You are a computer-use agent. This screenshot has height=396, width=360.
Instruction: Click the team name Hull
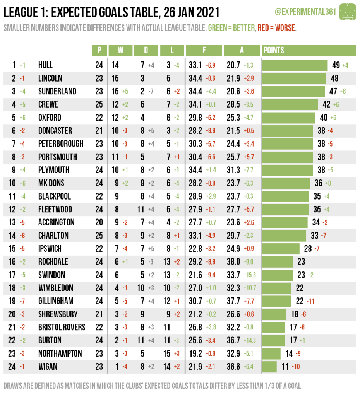click(x=45, y=65)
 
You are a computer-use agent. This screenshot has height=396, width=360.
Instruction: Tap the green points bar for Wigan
click(x=269, y=367)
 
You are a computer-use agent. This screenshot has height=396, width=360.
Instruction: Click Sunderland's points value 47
click(x=333, y=92)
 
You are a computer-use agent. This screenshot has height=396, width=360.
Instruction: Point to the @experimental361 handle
click(x=305, y=12)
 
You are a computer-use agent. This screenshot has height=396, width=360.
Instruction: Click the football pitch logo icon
click(x=347, y=12)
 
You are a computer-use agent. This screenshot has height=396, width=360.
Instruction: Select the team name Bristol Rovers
click(x=62, y=327)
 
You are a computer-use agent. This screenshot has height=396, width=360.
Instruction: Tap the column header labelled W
click(x=120, y=50)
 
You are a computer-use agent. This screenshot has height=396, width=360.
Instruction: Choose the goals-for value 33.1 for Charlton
click(x=195, y=236)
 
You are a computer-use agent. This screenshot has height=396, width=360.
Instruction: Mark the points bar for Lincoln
click(x=294, y=79)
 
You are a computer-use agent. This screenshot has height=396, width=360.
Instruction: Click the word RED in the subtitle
click(x=263, y=28)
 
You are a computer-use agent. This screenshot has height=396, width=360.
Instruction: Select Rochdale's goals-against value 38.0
click(x=233, y=262)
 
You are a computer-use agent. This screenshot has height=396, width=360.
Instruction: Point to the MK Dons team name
click(x=51, y=183)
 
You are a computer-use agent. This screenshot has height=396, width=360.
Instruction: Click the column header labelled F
click(x=204, y=50)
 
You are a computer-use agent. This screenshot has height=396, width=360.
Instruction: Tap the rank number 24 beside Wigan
click(x=12, y=367)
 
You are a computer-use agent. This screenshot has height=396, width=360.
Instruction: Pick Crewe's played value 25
click(x=99, y=105)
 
